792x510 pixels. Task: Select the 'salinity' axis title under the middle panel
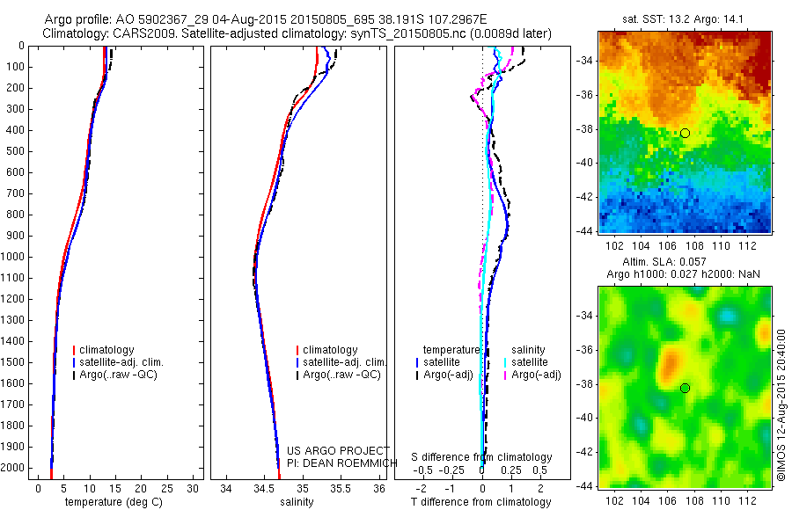click(x=296, y=502)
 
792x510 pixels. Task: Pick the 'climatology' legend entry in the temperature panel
click(x=108, y=350)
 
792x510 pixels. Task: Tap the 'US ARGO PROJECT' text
click(x=327, y=450)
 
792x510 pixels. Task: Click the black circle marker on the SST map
click(x=685, y=133)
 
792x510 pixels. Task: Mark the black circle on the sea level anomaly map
click(x=685, y=388)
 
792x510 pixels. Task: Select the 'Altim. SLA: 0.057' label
click(x=684, y=262)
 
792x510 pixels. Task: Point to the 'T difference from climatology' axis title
click(x=481, y=502)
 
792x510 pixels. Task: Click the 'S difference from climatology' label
click(x=482, y=457)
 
